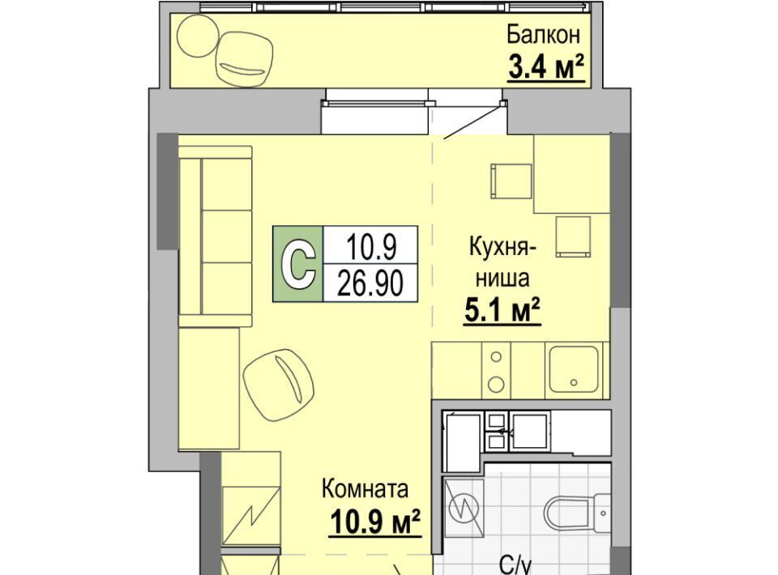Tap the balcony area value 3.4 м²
point(546,67)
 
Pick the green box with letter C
point(297,264)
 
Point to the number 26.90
point(370,284)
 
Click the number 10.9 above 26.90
point(372,247)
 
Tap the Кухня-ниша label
point(502,262)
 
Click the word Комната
point(365,489)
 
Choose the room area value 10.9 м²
point(375,522)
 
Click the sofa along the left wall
point(216,236)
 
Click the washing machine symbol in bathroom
point(463,508)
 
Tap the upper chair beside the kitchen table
point(511,181)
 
